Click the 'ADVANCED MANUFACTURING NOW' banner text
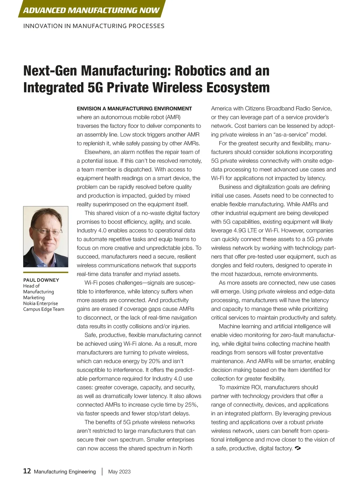click(91, 11)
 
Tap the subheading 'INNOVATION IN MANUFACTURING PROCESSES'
click(94, 26)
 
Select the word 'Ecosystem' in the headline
click(238, 88)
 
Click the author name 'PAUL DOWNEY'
click(41, 280)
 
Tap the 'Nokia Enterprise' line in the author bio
click(40, 303)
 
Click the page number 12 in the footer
click(27, 471)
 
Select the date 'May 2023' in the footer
click(119, 472)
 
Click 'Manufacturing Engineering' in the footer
click(65, 472)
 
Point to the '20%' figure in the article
click(154, 361)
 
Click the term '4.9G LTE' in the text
click(247, 230)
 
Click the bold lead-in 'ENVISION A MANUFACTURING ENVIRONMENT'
click(134, 109)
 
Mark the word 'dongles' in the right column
click(221, 265)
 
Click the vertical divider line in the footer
click(102, 471)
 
